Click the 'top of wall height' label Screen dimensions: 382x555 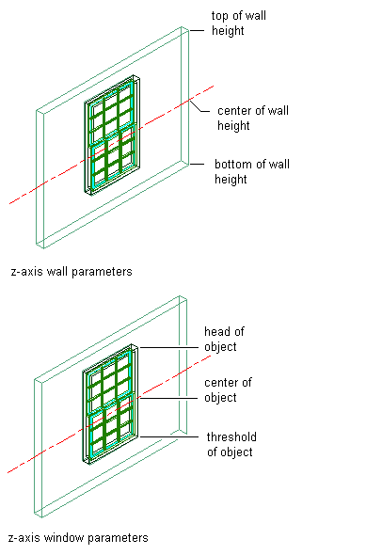239,23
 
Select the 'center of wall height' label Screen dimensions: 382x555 253,118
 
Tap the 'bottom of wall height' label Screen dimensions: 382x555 252,171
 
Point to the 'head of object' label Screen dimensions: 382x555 224,339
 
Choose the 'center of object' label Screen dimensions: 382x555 228,390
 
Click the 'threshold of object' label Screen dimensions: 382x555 231,444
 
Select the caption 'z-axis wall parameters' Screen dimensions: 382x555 72,272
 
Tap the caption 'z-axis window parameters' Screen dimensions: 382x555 78,538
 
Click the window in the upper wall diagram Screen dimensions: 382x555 112,135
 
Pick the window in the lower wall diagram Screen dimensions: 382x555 110,404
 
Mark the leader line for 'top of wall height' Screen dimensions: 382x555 197,31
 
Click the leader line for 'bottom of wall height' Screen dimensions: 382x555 197,165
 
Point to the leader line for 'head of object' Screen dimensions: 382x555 168,348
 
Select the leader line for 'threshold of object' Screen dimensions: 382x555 168,437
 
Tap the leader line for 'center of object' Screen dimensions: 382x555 168,399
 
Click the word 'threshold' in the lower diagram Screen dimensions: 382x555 231,437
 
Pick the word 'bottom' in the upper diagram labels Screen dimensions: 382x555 233,165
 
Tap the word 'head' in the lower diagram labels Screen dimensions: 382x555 216,332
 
